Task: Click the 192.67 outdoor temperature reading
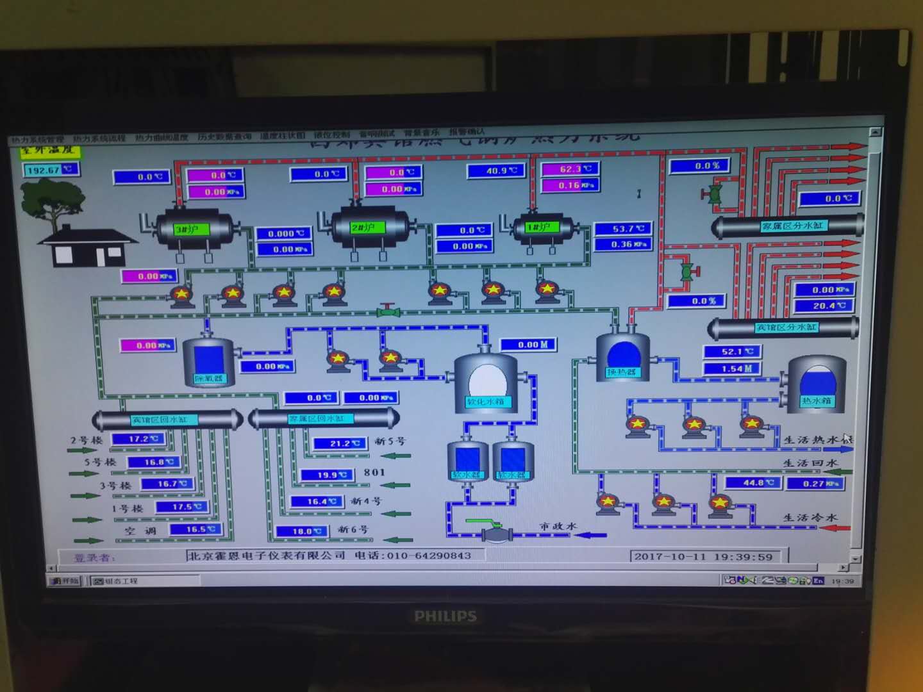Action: coord(51,170)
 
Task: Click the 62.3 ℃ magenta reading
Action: coord(570,169)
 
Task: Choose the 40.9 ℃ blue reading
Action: coord(496,171)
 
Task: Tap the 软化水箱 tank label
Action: coord(485,402)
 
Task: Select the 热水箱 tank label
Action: coord(816,401)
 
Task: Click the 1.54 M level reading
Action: coord(731,368)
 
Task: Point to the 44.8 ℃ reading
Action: coord(753,482)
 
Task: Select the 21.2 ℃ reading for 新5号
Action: coord(340,443)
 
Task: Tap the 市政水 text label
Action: coord(558,526)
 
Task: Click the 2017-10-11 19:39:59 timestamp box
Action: coord(703,556)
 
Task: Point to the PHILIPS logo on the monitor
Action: coord(445,616)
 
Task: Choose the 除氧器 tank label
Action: coord(208,378)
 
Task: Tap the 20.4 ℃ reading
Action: coord(823,306)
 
